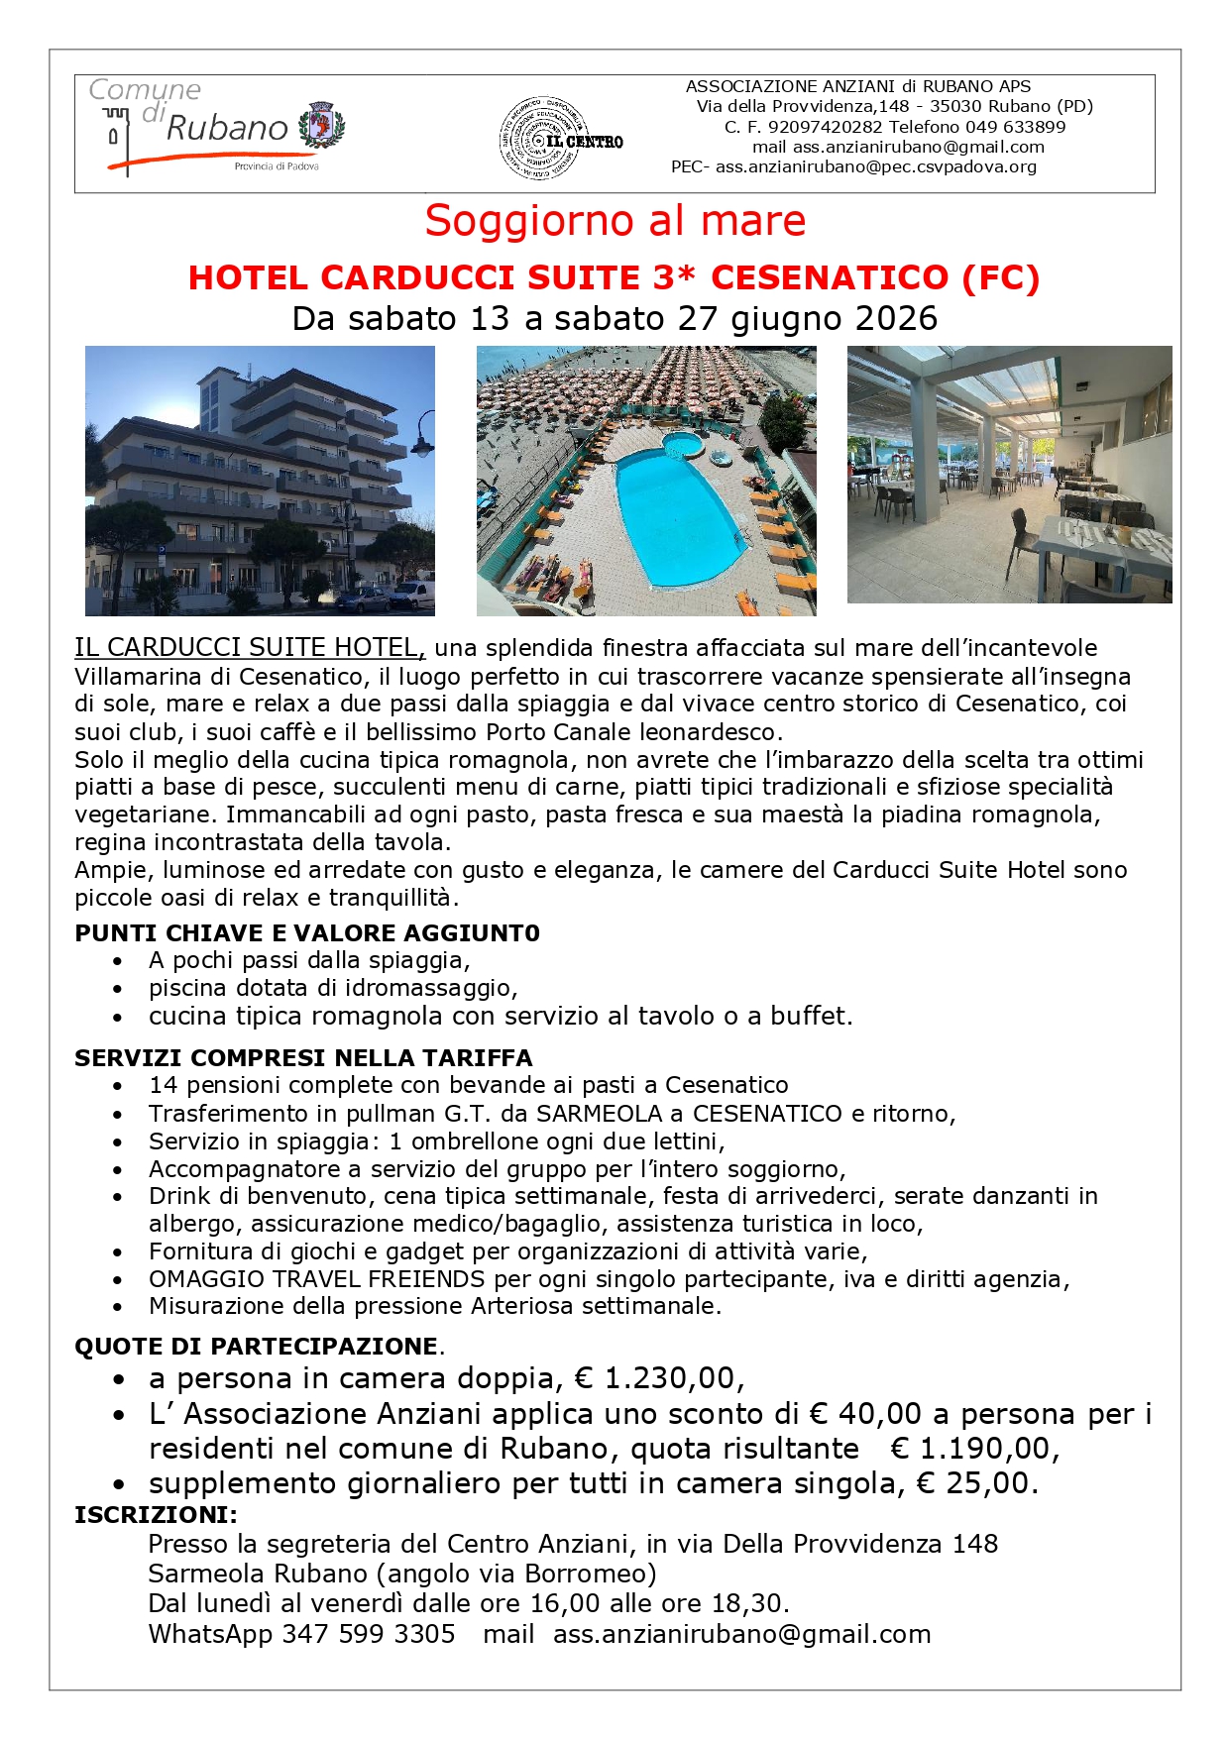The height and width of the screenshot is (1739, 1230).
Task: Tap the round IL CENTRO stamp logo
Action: tap(543, 139)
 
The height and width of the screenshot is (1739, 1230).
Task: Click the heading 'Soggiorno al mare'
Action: tap(615, 220)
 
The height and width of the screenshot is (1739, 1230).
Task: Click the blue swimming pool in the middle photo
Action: tap(674, 515)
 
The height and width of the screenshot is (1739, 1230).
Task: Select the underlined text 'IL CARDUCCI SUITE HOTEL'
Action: tap(249, 648)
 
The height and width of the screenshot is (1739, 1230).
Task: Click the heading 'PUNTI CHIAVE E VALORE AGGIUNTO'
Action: tap(307, 933)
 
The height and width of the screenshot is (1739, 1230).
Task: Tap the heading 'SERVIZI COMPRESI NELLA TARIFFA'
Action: tap(303, 1058)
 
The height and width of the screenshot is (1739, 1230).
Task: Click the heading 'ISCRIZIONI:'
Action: tap(156, 1515)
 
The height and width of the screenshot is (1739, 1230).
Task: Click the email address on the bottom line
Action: tap(741, 1634)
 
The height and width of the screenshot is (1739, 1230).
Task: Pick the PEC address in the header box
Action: tap(875, 166)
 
